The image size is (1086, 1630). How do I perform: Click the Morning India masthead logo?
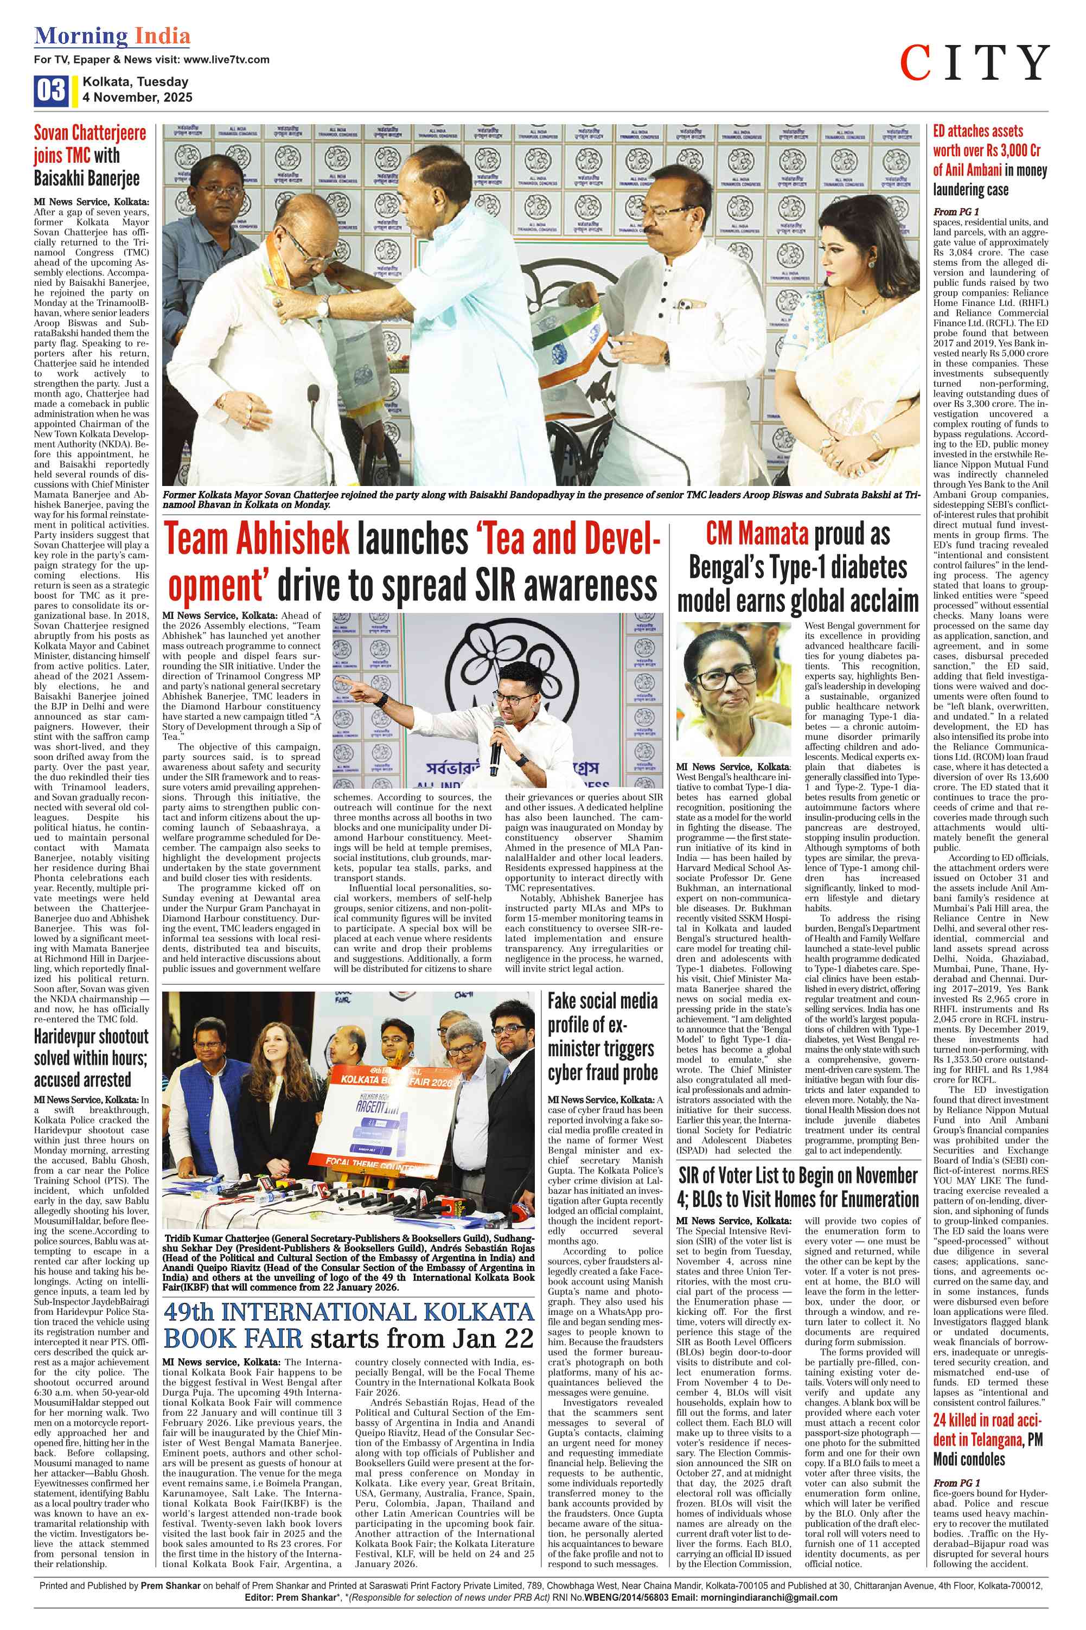click(x=112, y=36)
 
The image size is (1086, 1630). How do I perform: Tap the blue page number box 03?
click(x=50, y=90)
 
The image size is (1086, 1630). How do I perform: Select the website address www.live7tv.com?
click(x=227, y=60)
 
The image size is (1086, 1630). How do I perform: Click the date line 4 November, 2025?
click(x=137, y=98)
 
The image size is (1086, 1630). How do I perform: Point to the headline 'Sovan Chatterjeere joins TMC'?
click(x=90, y=155)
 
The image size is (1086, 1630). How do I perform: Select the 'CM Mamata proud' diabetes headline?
click(x=798, y=568)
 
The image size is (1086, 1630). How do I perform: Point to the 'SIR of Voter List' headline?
click(x=797, y=1187)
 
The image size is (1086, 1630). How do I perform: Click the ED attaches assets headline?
click(x=990, y=160)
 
